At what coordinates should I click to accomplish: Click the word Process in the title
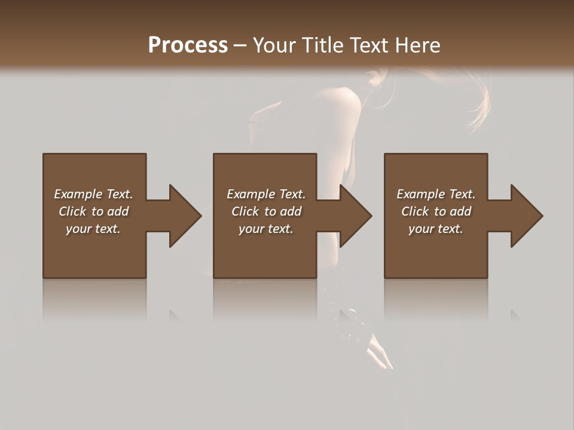(x=188, y=45)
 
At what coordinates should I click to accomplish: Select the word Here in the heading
(x=419, y=45)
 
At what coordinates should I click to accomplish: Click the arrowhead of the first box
(x=185, y=216)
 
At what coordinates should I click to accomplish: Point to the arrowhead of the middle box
(x=355, y=216)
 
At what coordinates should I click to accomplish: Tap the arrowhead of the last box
(x=526, y=216)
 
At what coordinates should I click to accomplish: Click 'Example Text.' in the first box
(x=93, y=194)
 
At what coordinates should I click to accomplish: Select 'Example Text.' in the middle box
(x=266, y=194)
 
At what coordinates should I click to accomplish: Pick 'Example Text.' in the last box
(x=436, y=194)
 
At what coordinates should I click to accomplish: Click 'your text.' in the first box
(x=93, y=229)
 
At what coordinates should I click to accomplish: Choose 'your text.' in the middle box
(x=266, y=229)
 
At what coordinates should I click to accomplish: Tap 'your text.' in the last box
(x=436, y=229)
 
